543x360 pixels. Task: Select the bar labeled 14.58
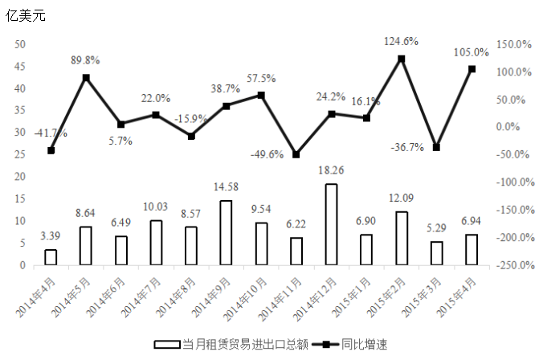[x=226, y=232]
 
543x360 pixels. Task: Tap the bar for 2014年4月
[x=51, y=257]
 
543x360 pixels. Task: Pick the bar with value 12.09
[x=402, y=238]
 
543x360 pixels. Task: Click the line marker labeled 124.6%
[x=402, y=59]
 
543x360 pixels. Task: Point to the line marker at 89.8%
[x=86, y=77]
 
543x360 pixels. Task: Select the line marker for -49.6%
[x=296, y=154]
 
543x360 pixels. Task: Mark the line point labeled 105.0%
[x=472, y=69]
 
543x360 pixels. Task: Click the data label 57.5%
[x=261, y=79]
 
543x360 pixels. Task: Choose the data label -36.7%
[x=408, y=147]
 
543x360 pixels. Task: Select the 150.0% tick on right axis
[x=514, y=44]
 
